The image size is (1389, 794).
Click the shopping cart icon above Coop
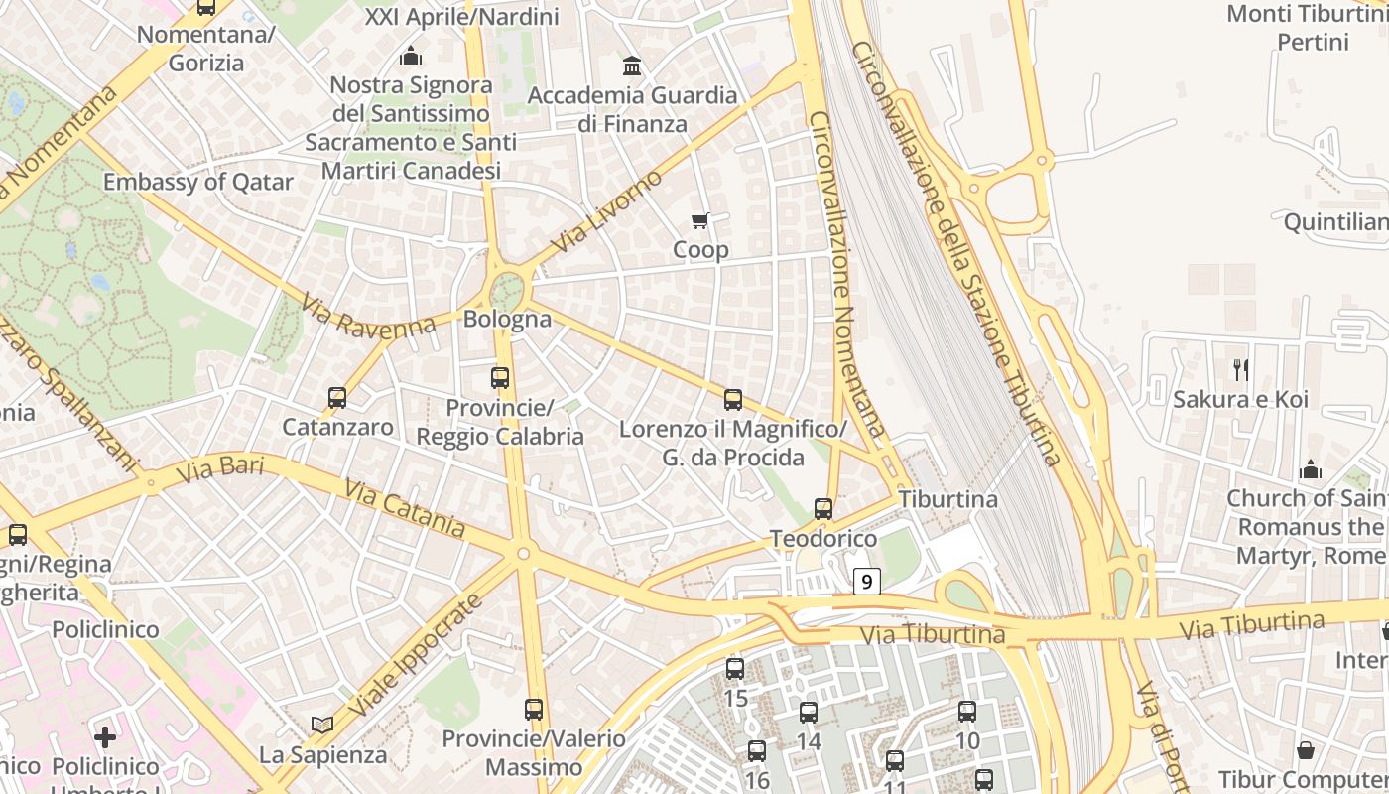click(700, 220)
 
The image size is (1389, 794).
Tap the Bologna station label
click(507, 320)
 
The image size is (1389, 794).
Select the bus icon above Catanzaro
click(337, 398)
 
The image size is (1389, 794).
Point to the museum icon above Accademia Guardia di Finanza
click(631, 66)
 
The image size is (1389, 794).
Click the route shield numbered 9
click(866, 582)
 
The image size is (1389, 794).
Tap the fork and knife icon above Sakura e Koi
click(1240, 370)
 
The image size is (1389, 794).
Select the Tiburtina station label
click(947, 499)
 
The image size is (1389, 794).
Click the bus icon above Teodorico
click(823, 509)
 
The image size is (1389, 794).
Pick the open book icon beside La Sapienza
click(322, 726)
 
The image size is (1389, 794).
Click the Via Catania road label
click(405, 507)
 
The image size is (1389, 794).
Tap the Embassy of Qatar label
click(198, 182)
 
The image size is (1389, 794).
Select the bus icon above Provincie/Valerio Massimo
click(534, 710)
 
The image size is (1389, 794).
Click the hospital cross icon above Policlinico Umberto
click(105, 737)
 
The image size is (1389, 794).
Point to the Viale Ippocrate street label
click(416, 659)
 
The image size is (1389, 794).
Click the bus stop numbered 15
click(735, 669)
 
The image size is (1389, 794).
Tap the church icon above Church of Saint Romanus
click(1311, 468)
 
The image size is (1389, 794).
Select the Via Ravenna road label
click(367, 316)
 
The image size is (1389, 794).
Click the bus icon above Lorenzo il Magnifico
click(733, 400)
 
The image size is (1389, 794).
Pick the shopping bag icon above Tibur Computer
click(1306, 750)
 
